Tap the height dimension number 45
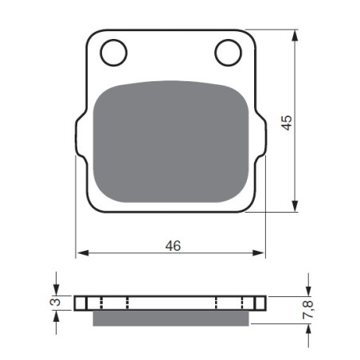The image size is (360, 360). coord(287,123)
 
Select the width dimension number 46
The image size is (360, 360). coord(173,246)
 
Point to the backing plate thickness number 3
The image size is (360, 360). coord(55,302)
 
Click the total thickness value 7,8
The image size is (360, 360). coord(308,309)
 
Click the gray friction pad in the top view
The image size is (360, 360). coord(171,142)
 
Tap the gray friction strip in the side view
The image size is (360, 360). coord(171,318)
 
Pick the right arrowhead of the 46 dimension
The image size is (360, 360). coord(259,253)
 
